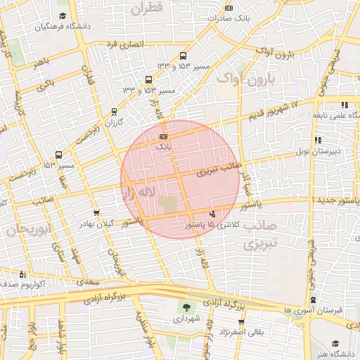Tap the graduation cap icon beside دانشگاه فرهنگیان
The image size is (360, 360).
point(63,15)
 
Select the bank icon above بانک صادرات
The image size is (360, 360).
point(228,8)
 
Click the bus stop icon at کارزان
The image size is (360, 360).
point(114,111)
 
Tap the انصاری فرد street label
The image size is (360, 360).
point(124,44)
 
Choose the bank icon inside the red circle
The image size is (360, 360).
point(164,136)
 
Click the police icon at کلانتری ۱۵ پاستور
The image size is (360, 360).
point(213,214)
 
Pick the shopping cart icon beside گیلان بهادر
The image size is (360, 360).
point(96,212)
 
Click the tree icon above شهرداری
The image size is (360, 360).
point(186,307)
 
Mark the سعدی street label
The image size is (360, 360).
point(87,280)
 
